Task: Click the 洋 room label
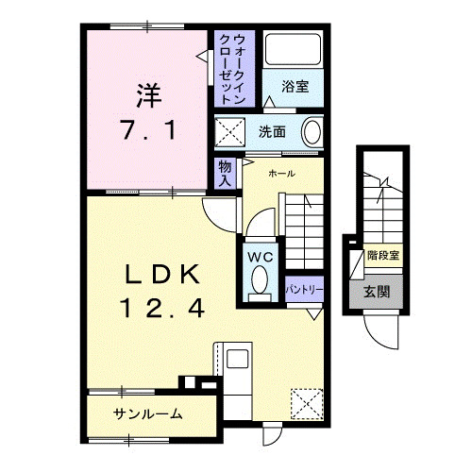click(x=147, y=94)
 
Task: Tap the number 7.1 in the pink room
click(x=146, y=130)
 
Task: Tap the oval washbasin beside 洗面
click(x=313, y=130)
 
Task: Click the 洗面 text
click(x=272, y=130)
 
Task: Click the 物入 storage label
click(x=225, y=174)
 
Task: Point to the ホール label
click(x=282, y=174)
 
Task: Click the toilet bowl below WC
click(x=259, y=280)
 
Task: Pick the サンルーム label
click(x=148, y=414)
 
